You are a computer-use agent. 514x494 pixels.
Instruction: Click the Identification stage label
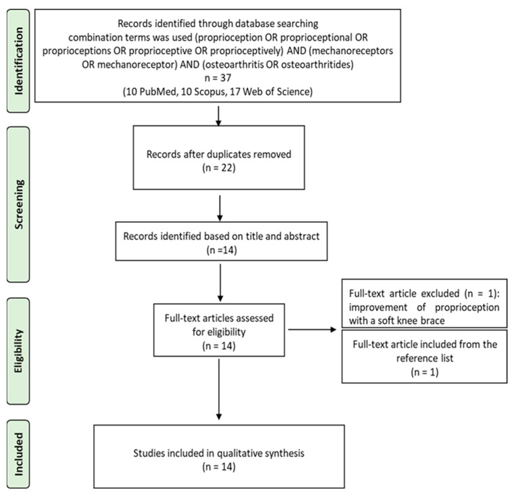[19, 61]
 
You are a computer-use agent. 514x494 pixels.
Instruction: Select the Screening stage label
[19, 204]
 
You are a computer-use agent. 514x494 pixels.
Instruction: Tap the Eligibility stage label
[19, 351]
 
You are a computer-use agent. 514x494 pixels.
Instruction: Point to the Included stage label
[19, 454]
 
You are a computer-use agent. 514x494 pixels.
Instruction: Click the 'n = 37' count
[218, 78]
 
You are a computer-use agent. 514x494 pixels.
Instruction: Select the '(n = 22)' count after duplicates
[218, 168]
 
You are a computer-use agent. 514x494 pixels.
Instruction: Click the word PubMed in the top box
[159, 91]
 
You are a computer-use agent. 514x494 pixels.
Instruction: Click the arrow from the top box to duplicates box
[218, 116]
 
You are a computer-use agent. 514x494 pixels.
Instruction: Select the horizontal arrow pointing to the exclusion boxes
[312, 330]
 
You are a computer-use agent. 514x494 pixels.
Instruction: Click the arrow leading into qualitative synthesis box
[218, 389]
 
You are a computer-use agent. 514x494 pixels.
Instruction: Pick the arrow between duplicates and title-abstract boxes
[220, 208]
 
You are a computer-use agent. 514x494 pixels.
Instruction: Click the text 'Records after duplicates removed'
[218, 154]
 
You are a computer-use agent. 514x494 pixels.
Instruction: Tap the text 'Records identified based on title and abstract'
[221, 237]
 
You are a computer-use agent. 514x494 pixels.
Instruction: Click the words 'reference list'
[425, 358]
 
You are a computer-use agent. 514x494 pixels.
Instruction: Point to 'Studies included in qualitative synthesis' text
[218, 453]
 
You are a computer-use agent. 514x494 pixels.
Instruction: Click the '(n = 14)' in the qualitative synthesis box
[218, 466]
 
